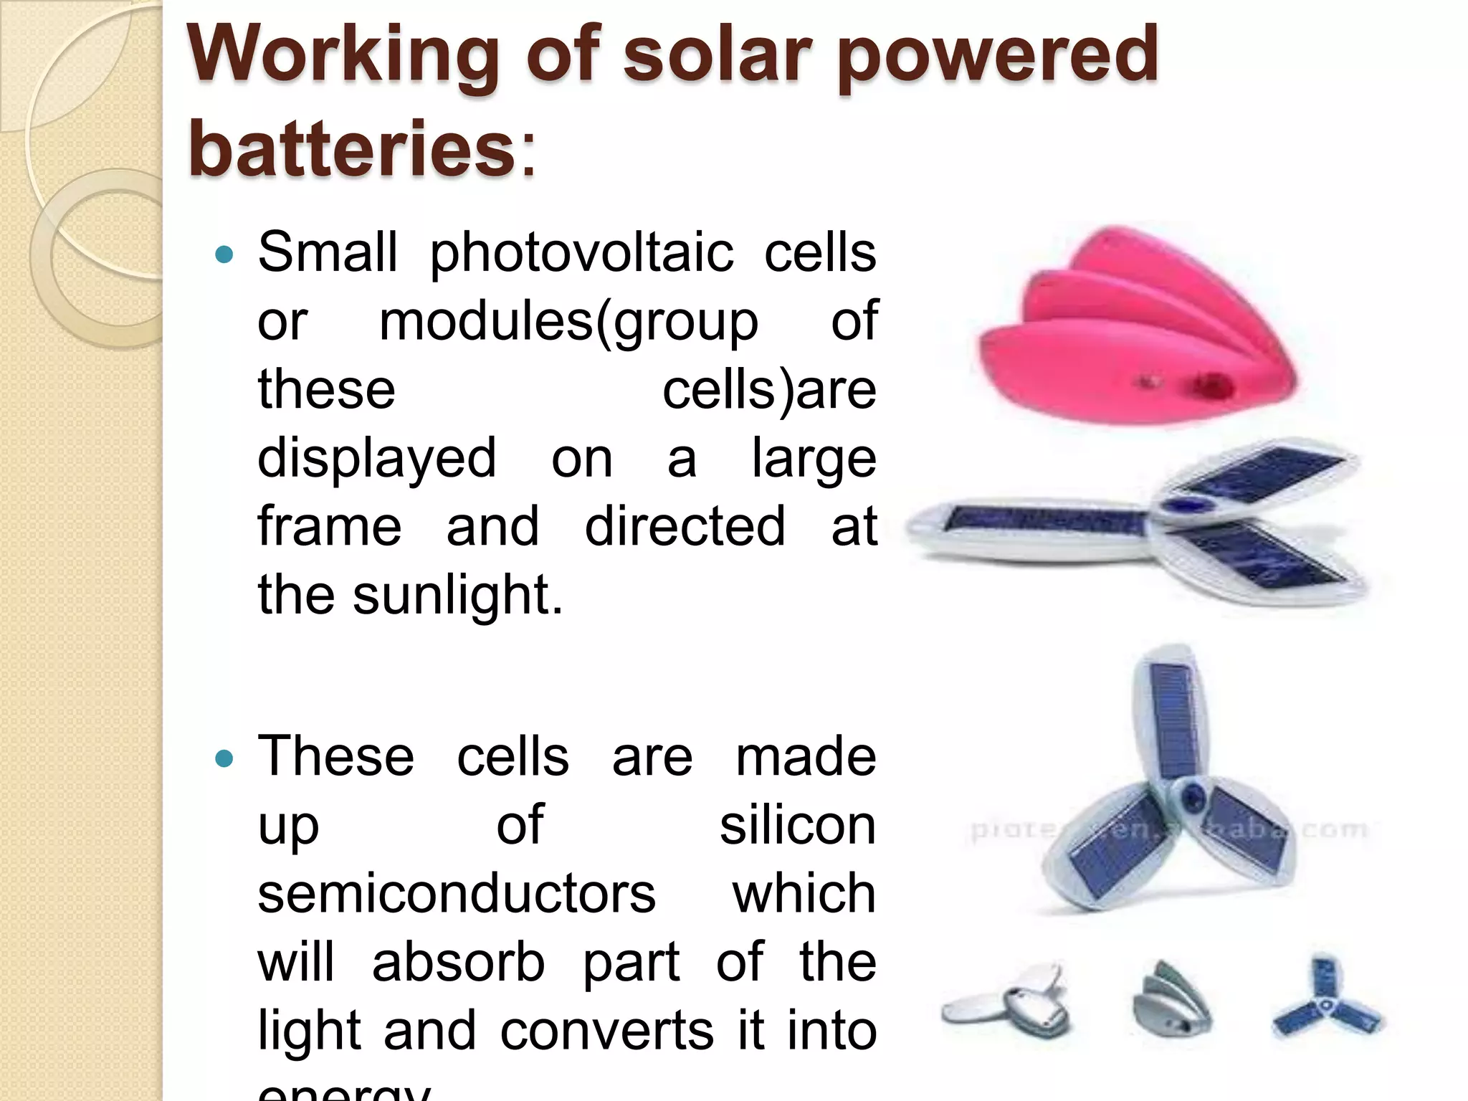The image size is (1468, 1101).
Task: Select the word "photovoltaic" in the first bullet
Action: click(x=581, y=254)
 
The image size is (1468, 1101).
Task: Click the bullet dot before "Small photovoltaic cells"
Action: click(x=224, y=254)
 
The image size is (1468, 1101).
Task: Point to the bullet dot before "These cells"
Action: click(x=224, y=758)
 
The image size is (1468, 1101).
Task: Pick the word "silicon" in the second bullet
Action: click(x=797, y=826)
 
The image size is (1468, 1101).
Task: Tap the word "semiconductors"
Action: click(x=457, y=894)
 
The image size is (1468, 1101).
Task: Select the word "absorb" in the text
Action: click(x=458, y=962)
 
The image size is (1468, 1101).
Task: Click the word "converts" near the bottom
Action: click(x=606, y=1030)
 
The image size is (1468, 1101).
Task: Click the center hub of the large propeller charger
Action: click(x=1191, y=796)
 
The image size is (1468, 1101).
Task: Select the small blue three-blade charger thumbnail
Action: click(x=1326, y=1000)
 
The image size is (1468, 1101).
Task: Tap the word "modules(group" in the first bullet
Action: click(x=568, y=323)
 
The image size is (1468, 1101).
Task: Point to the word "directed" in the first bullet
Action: click(x=685, y=527)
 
